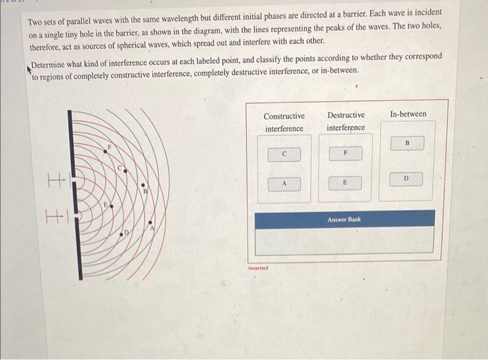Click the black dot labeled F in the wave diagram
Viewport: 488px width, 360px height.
(106, 150)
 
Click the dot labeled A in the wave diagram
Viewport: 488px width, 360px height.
(151, 225)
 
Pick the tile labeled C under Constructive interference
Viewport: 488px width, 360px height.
(284, 153)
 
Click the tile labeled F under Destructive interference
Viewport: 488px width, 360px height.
(344, 153)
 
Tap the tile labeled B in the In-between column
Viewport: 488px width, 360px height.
(407, 144)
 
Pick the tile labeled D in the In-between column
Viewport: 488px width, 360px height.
(407, 179)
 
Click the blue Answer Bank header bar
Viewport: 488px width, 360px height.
(344, 219)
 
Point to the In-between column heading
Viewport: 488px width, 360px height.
(408, 114)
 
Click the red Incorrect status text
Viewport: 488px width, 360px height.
(258, 268)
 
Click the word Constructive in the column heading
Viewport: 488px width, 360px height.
(284, 116)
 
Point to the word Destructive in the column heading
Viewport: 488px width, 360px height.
(345, 116)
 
